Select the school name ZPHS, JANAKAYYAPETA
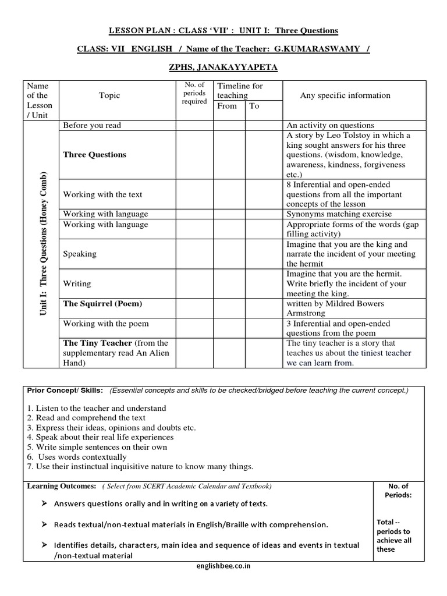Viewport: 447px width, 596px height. point(223,68)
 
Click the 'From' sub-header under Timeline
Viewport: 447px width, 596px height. point(227,106)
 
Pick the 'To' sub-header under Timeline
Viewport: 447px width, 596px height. point(254,106)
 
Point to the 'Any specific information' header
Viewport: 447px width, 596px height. point(345,95)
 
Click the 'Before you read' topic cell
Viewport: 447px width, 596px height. point(92,125)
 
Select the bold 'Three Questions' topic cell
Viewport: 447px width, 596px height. point(94,155)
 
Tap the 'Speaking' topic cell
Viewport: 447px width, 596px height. point(80,254)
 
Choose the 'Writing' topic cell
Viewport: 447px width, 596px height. point(77,283)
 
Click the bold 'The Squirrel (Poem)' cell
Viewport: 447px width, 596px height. point(102,304)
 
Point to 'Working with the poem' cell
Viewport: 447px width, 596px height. point(106,324)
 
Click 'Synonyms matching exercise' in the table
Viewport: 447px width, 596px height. point(339,214)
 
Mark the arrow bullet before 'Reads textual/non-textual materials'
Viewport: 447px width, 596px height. point(44,524)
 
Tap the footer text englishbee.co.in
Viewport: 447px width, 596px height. point(224,566)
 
